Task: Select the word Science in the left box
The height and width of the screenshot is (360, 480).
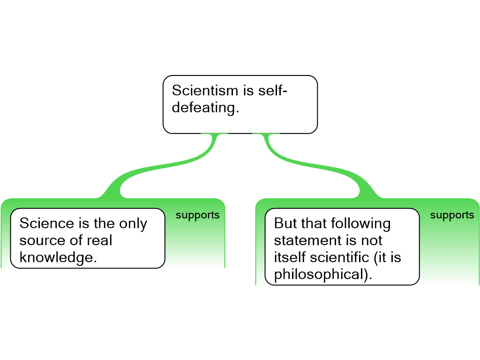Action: pyautogui.click(x=47, y=223)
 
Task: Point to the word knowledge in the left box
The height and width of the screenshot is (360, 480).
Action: pyautogui.click(x=58, y=257)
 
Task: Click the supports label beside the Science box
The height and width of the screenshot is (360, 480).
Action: pyautogui.click(x=197, y=215)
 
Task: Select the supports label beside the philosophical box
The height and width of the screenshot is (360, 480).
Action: pyautogui.click(x=452, y=215)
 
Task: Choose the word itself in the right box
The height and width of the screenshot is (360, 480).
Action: pyautogui.click(x=287, y=257)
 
